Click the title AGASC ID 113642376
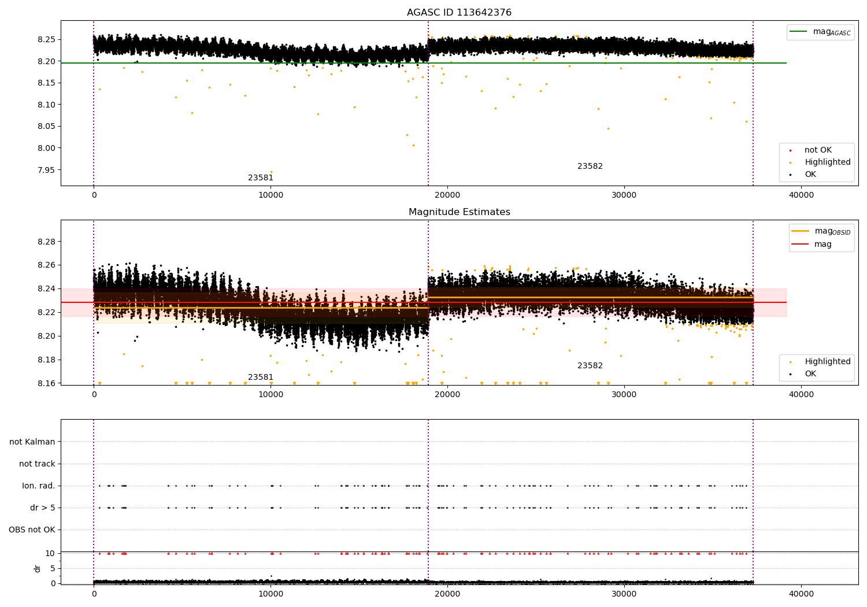[x=459, y=13]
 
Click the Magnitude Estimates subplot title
[x=459, y=212]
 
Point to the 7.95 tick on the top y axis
[x=47, y=170]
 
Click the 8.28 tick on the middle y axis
[x=47, y=242]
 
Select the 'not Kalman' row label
[x=32, y=442]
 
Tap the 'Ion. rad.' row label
[x=39, y=486]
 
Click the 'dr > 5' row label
[x=43, y=508]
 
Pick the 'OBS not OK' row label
[x=32, y=530]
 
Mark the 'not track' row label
[x=37, y=464]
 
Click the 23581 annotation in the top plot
[x=261, y=178]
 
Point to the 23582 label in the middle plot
[x=590, y=366]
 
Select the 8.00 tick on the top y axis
[x=47, y=148]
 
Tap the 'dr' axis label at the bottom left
[x=38, y=568]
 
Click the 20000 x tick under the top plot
[x=447, y=195]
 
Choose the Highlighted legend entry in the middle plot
[x=827, y=362]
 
